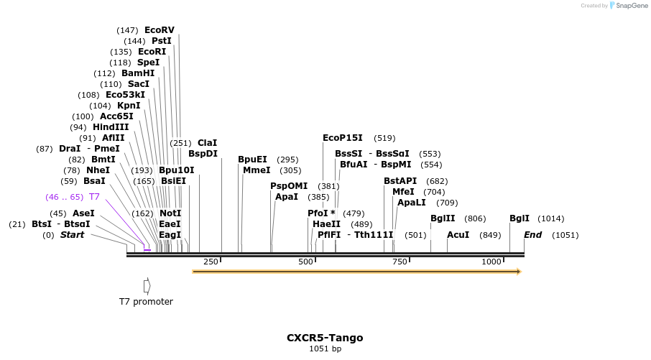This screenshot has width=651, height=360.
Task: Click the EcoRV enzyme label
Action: coord(160,30)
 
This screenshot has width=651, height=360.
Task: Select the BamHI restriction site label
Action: coord(138,73)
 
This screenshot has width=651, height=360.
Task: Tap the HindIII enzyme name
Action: coord(111,127)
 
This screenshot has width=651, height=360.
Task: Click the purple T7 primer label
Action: coord(94,197)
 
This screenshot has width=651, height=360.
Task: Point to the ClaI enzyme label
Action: coord(207,143)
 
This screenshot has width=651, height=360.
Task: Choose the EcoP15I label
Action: coord(343,138)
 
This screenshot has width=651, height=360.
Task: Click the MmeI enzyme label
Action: coord(257,170)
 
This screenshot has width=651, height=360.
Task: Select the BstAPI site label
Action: coord(400,181)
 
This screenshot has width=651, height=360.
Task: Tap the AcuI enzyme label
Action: coord(458,235)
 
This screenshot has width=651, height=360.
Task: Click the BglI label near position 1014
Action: coord(520,218)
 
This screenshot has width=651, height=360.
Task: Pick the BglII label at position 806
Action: coord(443,218)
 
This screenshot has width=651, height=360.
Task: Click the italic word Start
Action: coord(72,235)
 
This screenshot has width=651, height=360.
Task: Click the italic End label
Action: coord(532,235)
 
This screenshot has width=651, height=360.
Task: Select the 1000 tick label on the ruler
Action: coord(491,262)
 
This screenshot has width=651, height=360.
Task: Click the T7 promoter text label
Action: coord(146,302)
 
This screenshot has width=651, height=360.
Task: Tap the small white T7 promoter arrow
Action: coord(147,286)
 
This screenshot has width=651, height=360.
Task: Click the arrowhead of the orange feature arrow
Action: coord(517,272)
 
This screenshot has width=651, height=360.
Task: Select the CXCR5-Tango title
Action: coord(325,338)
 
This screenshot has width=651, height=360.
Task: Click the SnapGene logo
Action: coord(626,6)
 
